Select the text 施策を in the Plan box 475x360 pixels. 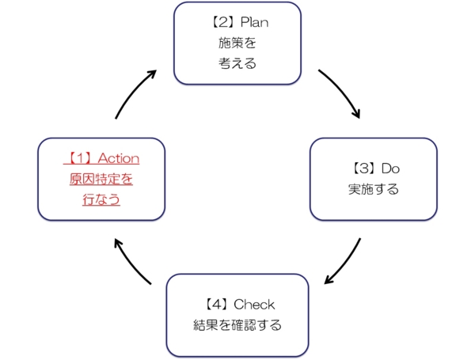pyautogui.click(x=237, y=43)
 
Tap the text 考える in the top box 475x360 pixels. pyautogui.click(x=237, y=63)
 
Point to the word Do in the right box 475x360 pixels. pyautogui.click(x=391, y=169)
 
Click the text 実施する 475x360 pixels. pyautogui.click(x=373, y=189)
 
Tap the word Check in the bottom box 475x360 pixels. pyautogui.click(x=256, y=304)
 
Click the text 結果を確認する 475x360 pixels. pyautogui.click(x=237, y=324)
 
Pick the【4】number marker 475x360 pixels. pyautogui.click(x=214, y=304)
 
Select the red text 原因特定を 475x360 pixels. pyautogui.click(x=101, y=179)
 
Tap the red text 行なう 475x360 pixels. pyautogui.click(x=101, y=199)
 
